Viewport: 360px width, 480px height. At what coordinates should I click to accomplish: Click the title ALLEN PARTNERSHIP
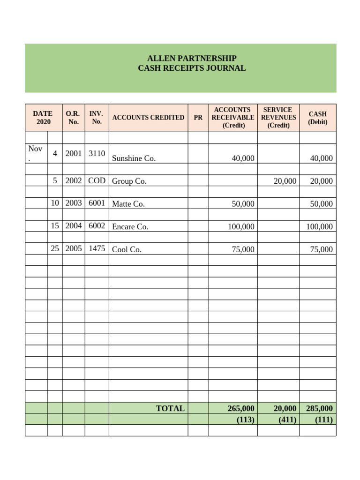coord(192,59)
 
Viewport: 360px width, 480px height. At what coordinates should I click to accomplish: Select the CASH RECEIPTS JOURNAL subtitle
coord(192,68)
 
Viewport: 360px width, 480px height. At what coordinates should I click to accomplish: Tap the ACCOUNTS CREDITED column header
coord(148,118)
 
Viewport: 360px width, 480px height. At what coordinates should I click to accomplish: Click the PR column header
coord(198,118)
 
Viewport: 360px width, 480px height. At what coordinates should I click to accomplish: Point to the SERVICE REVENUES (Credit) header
coord(278,117)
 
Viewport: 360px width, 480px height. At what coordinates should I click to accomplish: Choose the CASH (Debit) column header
coord(317,118)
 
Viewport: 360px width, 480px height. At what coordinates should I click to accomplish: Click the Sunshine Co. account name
coord(134,158)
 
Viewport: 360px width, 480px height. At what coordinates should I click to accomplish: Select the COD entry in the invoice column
coord(97,180)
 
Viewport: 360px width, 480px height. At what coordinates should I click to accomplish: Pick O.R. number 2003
coord(74,203)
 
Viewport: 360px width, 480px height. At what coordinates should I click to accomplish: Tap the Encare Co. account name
coord(130,227)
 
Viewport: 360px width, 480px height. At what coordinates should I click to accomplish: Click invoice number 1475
coord(97,248)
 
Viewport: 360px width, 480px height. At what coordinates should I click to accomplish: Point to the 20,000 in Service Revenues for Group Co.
coord(285,181)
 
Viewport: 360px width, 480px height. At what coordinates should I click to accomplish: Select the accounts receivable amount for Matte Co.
coord(243,204)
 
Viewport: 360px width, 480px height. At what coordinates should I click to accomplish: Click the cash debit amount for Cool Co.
coord(322,249)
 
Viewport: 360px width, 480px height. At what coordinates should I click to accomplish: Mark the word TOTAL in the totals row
coord(170,408)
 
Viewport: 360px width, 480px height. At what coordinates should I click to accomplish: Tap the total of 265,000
coord(241,409)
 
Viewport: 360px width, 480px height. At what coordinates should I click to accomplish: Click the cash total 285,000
coord(319,409)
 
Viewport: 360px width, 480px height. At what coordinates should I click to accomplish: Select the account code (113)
coord(245,420)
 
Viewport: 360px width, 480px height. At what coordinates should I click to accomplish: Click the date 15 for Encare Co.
coord(55,225)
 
